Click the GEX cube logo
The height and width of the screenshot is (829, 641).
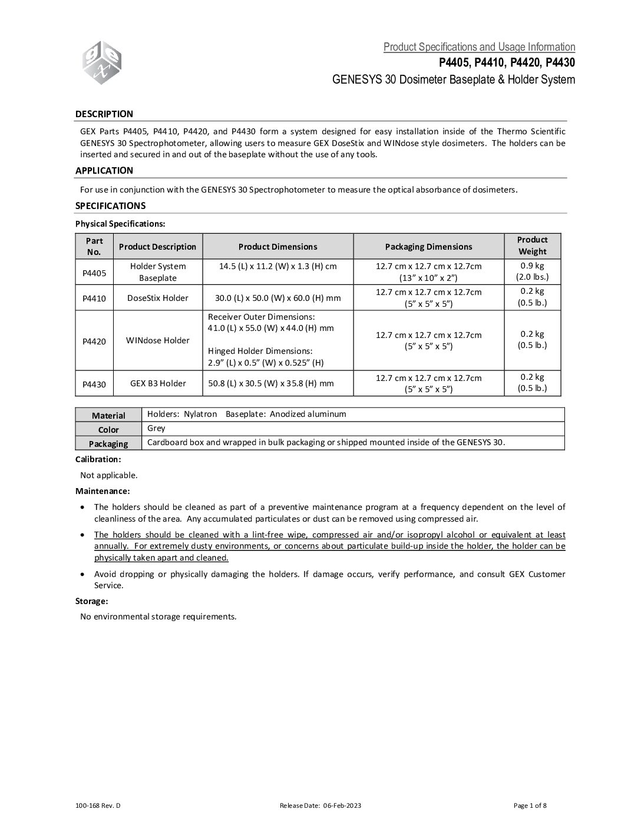click(x=102, y=63)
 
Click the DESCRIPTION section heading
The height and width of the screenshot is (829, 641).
click(x=104, y=114)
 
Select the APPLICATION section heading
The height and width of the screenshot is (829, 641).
click(x=104, y=171)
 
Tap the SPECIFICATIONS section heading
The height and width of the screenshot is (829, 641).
click(x=110, y=205)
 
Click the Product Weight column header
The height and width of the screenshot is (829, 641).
click(x=532, y=246)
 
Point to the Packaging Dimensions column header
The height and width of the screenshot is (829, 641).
click(x=428, y=247)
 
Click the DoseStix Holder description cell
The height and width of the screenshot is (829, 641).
click(x=158, y=298)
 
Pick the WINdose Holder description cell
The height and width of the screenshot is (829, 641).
click(x=158, y=340)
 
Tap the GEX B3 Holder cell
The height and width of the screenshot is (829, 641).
click(x=158, y=383)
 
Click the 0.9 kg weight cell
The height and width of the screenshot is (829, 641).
click(x=532, y=271)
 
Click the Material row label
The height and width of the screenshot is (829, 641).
click(x=108, y=415)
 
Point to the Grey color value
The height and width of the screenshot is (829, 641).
click(x=156, y=429)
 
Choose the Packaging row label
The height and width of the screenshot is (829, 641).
click(x=108, y=443)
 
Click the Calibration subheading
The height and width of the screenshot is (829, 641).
click(x=98, y=459)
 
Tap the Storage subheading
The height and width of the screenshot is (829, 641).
click(x=91, y=601)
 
